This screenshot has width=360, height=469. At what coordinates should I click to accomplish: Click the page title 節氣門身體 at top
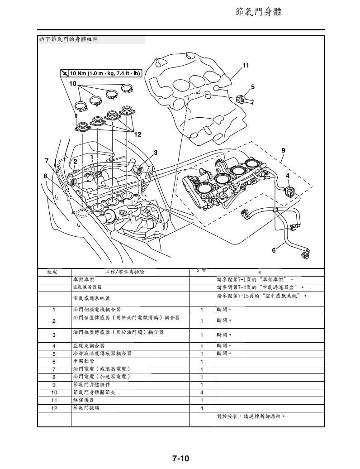tap(259, 12)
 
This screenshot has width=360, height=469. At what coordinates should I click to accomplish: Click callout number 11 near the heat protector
tap(246, 65)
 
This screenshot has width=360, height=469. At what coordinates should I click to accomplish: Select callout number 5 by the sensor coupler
tap(252, 86)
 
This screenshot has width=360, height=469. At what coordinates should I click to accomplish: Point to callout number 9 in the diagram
tap(283, 150)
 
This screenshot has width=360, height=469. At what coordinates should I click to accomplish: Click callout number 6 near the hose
tap(274, 250)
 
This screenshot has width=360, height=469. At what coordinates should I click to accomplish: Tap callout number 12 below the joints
tap(137, 134)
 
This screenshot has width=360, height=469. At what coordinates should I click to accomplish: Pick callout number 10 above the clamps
tap(73, 84)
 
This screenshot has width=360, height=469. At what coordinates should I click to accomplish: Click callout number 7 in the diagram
tap(47, 160)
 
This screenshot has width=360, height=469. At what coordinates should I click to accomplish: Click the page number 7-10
tap(180, 458)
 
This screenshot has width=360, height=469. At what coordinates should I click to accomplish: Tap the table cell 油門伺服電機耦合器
tap(97, 309)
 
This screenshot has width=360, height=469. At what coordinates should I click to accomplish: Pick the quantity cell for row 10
tap(202, 392)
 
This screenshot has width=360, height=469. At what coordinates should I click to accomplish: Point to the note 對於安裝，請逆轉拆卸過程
tap(251, 416)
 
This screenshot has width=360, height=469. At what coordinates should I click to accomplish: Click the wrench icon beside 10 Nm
tap(65, 73)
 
